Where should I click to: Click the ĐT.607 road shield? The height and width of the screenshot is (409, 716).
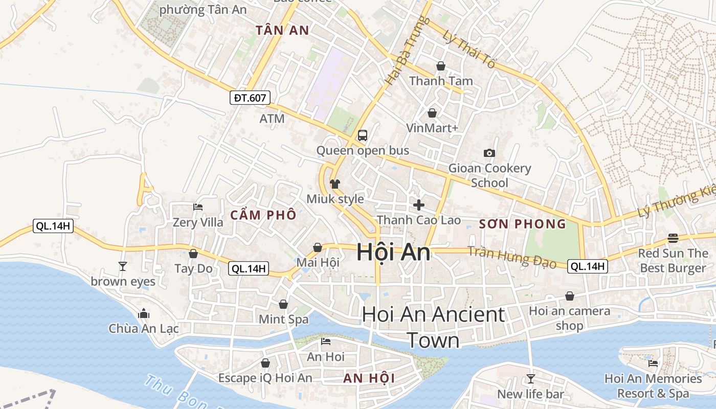(250, 98)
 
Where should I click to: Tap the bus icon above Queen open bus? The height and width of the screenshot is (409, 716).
(363, 135)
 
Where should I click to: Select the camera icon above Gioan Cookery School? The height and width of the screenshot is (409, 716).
(489, 153)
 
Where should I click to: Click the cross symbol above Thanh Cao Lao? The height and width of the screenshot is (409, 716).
(419, 205)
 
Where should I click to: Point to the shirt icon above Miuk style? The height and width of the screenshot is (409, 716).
(335, 184)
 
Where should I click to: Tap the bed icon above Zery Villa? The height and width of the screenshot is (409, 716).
(198, 207)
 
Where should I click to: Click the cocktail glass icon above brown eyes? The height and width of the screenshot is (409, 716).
(123, 266)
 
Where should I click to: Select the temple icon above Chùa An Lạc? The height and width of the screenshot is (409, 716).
(144, 313)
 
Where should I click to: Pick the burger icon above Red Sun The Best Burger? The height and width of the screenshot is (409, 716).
(673, 238)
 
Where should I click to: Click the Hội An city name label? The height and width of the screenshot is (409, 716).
(393, 253)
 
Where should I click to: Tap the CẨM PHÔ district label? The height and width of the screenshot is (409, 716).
(263, 215)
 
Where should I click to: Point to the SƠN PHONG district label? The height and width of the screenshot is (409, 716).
(523, 224)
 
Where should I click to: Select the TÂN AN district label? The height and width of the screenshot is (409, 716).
(282, 31)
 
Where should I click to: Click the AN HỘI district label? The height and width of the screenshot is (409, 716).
(369, 378)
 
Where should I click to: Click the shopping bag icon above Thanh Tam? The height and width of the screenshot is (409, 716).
(441, 66)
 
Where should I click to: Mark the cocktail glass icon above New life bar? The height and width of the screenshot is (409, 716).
(531, 379)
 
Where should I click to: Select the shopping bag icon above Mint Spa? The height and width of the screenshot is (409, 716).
(283, 304)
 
